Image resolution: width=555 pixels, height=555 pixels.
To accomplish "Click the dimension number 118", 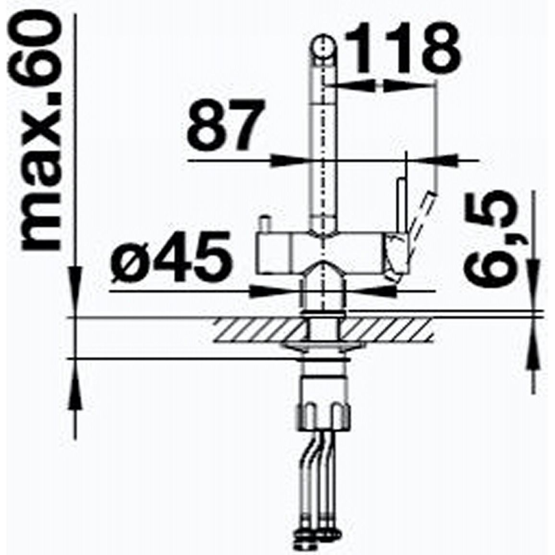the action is pos(402,48).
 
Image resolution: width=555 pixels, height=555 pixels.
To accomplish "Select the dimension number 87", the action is pos(226,125).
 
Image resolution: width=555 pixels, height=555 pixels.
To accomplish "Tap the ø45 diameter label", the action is pos(172,257).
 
